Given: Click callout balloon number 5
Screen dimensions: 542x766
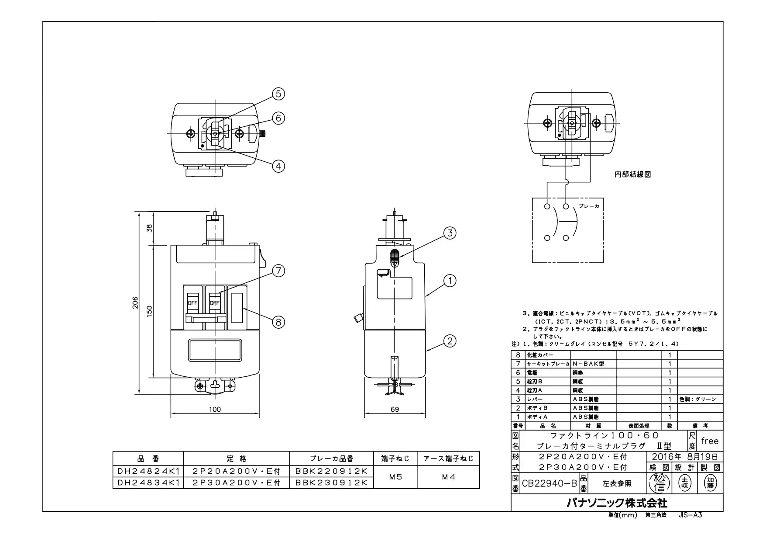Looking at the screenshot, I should [x=278, y=94].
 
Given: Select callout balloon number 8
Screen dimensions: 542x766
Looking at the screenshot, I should [x=278, y=322].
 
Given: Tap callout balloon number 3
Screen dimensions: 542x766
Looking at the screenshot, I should [x=450, y=233].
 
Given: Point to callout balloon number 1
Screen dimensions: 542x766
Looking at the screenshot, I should [x=450, y=281].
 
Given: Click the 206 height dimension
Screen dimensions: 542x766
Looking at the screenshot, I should [x=135, y=303].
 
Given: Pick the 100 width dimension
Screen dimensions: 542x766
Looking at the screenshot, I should [x=215, y=410].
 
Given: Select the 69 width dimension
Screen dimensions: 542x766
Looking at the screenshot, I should [x=395, y=410].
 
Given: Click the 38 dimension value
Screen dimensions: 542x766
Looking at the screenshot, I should [x=149, y=228].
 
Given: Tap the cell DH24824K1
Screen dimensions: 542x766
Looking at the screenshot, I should [x=148, y=471].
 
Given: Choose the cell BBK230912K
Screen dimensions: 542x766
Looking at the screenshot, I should [x=332, y=483].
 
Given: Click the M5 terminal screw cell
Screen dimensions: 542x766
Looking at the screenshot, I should [x=395, y=477].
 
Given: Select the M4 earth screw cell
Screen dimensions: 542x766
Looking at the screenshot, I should [x=449, y=477].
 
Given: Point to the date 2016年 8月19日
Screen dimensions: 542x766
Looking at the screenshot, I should [x=684, y=457].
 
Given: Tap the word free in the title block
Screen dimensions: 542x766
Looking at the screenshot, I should [x=710, y=441].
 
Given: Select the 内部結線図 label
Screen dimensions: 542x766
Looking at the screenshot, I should [x=632, y=174].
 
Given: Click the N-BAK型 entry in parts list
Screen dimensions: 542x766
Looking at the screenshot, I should [x=588, y=364].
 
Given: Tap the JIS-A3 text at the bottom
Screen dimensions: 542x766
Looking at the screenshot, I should [x=690, y=515].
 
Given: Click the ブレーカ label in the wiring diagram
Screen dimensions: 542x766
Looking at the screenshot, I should [x=589, y=206].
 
